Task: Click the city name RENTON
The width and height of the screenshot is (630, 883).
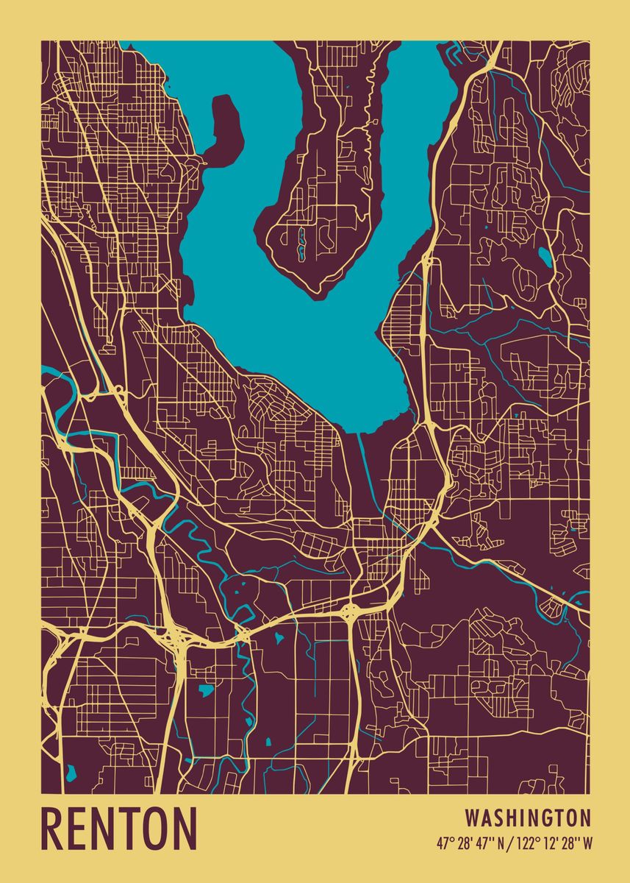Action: click(119, 829)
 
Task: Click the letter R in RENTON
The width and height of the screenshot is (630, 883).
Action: click(52, 829)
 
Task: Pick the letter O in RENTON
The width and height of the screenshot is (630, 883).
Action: click(157, 829)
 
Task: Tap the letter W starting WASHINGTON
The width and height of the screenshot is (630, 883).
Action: click(472, 818)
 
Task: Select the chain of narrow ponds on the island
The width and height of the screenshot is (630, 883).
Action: click(301, 244)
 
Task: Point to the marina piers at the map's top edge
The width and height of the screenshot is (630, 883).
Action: click(451, 52)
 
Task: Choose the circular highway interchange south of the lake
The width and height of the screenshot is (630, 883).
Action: click(349, 609)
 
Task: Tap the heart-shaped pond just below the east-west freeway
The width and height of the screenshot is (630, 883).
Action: click(279, 637)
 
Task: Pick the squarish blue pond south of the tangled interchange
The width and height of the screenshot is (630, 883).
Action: click(207, 690)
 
